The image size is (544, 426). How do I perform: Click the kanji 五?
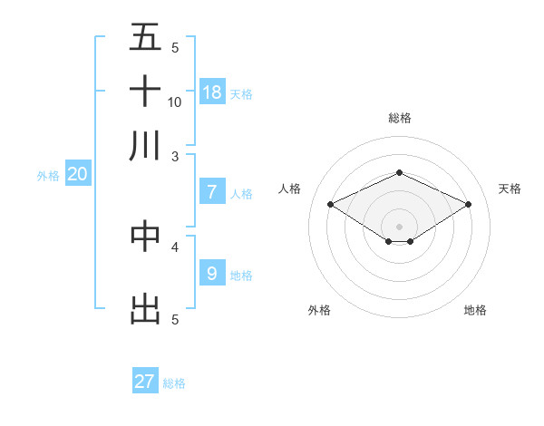coord(145,37)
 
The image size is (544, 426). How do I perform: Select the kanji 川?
coord(145,145)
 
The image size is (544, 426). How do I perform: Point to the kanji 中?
coord(145,235)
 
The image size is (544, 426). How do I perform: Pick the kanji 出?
coord(145,307)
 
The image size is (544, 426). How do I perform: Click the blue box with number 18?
coord(212,92)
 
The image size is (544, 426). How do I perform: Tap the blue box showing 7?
coord(212,192)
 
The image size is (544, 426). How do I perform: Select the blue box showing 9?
coord(212,273)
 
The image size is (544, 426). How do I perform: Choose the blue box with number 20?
coord(77,175)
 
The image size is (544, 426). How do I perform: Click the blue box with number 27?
coord(145,382)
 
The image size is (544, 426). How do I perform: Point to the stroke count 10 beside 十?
coord(175,102)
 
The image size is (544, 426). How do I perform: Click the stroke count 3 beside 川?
coord(175,156)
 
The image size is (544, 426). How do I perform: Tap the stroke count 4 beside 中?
coord(175,246)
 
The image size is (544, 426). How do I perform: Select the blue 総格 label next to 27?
coord(174,383)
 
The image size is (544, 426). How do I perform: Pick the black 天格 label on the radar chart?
coord(510,189)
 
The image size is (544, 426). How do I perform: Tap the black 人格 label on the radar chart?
coord(289,189)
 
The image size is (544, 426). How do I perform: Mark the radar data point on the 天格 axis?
coord(468,205)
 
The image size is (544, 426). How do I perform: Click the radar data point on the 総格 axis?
coord(399,172)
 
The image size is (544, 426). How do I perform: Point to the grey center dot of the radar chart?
coord(399,227)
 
